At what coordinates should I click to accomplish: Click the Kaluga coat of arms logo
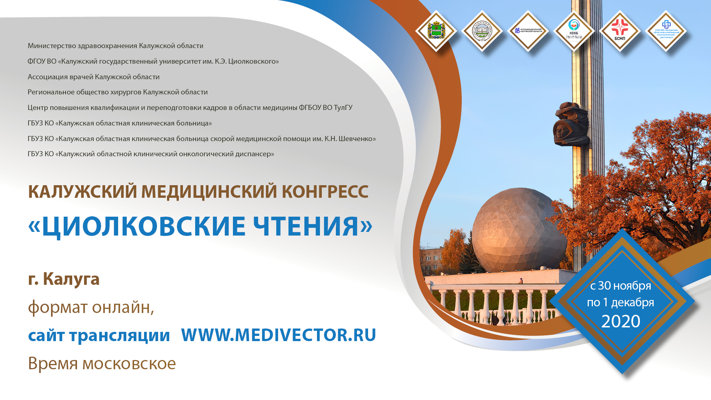click(x=436, y=30)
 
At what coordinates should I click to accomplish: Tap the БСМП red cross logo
click(x=620, y=30)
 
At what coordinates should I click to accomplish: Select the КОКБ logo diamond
click(x=574, y=30)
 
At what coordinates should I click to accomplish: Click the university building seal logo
click(x=482, y=30)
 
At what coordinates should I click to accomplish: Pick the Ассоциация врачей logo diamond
click(x=528, y=30)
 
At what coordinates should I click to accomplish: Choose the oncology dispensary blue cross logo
click(x=666, y=30)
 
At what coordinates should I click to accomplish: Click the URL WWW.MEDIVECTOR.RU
click(x=278, y=335)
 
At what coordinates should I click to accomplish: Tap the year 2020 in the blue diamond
click(x=621, y=321)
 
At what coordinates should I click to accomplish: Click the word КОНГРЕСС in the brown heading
click(x=325, y=191)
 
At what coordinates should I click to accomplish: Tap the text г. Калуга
click(x=64, y=279)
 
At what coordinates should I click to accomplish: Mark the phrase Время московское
click(x=102, y=363)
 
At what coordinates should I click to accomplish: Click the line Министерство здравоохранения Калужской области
click(x=115, y=46)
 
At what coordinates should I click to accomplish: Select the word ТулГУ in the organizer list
click(x=343, y=107)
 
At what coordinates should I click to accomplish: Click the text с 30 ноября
click(x=620, y=286)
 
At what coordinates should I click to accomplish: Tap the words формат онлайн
click(x=91, y=307)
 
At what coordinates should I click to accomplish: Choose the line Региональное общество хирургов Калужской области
click(x=117, y=92)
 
